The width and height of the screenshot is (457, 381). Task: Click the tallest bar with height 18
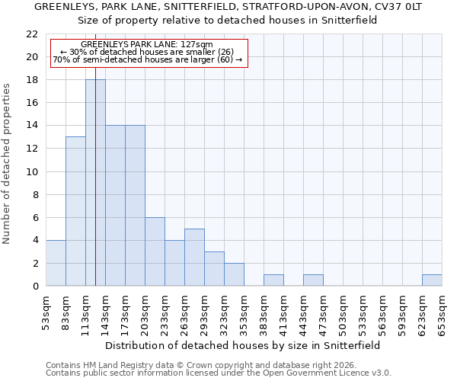coord(95,183)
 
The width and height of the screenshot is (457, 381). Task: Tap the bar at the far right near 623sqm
coord(432,280)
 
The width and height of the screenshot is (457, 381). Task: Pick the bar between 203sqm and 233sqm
coord(155,251)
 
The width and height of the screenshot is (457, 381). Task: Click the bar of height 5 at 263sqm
coord(194,258)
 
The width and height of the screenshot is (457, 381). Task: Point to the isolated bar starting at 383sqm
coord(273,280)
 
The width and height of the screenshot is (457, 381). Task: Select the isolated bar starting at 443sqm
coord(313,280)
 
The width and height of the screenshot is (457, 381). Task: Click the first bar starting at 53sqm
coord(56,263)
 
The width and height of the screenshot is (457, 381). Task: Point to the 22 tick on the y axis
coord(31,34)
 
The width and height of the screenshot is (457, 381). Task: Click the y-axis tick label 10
coord(31,171)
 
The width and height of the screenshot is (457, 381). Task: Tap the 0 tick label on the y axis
coord(34,287)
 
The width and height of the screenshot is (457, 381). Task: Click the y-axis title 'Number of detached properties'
coord(8,164)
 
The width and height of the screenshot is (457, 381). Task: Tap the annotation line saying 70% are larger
coord(149,59)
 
